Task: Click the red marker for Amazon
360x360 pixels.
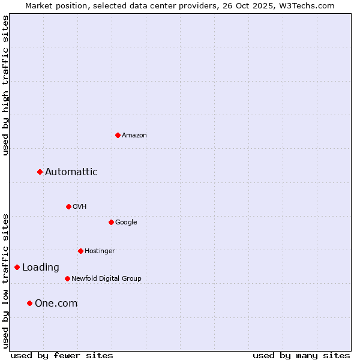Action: pos(118,135)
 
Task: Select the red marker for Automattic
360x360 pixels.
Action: pos(40,172)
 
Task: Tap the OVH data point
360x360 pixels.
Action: pos(68,206)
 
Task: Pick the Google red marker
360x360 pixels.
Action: pos(111,222)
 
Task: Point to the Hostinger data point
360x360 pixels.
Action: pos(80,251)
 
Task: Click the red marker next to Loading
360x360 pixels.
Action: pos(17,268)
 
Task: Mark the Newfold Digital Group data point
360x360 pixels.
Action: pos(67,278)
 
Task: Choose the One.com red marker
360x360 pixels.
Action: pos(29,304)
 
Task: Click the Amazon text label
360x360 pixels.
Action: pos(134,136)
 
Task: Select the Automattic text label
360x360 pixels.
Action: pos(71,172)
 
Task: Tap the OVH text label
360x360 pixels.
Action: pos(80,207)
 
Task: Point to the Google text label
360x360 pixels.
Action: pos(126,223)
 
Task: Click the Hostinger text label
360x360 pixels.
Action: pos(100,251)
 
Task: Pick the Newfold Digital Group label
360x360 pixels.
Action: pos(106,279)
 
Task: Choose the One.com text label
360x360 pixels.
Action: pos(56,304)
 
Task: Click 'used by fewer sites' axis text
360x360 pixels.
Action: pos(62,356)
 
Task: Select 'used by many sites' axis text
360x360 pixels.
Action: pos(301,356)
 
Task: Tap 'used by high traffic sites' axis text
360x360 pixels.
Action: pos(5,85)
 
